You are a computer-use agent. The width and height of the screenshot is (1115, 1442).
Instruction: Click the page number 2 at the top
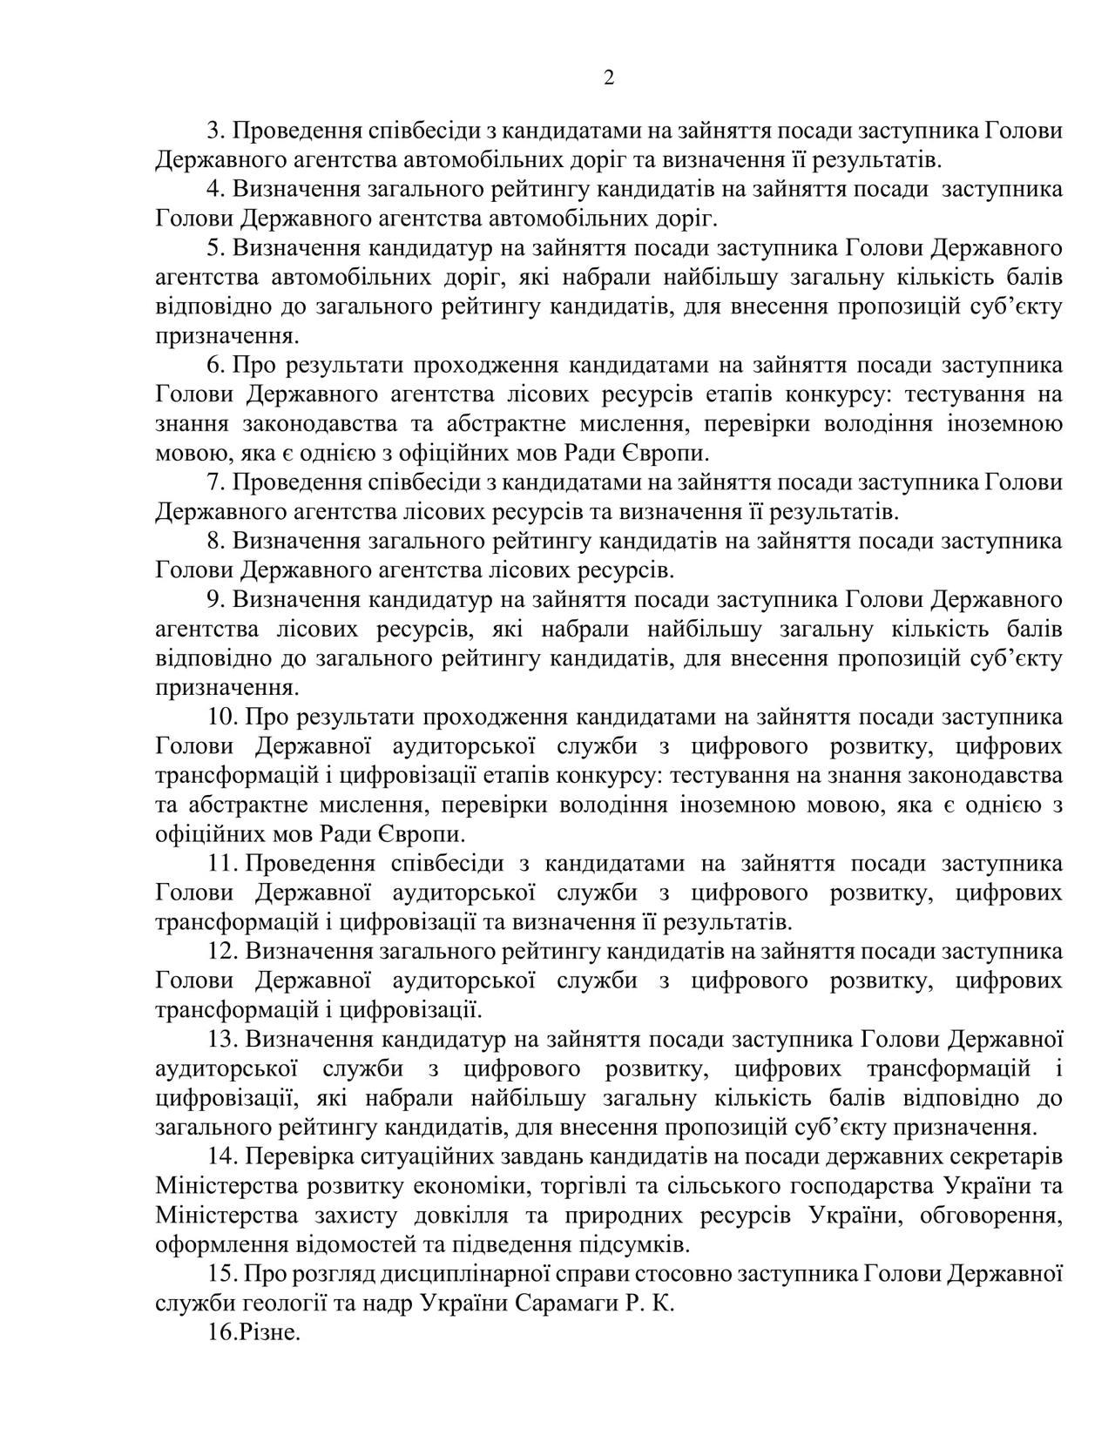coord(608,78)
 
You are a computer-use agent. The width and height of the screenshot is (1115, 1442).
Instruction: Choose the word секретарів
coord(999,1157)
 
